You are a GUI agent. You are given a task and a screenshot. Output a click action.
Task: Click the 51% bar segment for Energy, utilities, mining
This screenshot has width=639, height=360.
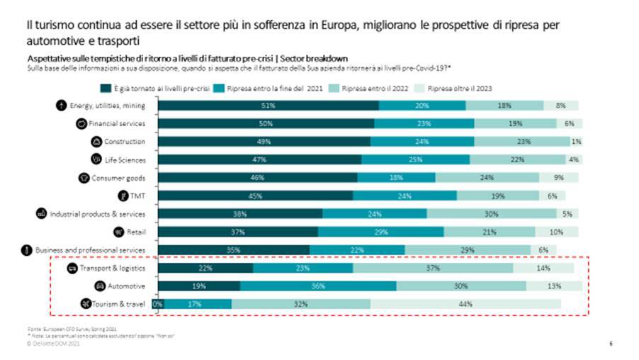[268, 106]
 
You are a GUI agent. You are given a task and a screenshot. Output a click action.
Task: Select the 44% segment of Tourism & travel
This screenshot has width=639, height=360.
[465, 304]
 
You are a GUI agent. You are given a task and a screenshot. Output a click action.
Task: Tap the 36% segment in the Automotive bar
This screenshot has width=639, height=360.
[318, 286]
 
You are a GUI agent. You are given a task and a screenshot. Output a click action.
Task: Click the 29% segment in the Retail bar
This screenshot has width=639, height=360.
[381, 232]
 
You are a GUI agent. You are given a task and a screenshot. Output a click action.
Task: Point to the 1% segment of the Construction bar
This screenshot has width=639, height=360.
[577, 141]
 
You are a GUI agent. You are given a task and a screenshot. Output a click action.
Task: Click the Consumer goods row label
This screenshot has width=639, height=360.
[118, 177]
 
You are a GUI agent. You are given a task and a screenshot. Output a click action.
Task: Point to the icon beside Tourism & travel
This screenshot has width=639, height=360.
[86, 304]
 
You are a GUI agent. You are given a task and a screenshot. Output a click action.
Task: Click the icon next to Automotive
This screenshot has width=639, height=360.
[101, 286]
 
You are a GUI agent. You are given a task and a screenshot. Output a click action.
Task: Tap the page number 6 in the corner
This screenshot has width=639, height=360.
[611, 344]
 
